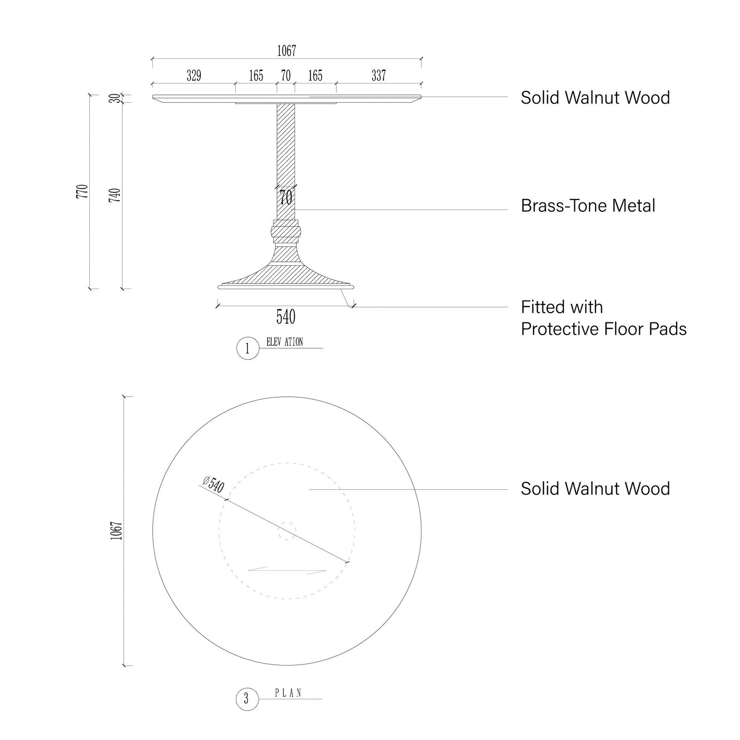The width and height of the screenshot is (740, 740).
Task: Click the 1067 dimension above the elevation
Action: coord(286,51)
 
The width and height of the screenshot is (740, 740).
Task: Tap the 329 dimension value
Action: coord(194,75)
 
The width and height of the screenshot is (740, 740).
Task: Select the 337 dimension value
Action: coord(378,75)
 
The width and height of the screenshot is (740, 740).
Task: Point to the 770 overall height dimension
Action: coord(82,191)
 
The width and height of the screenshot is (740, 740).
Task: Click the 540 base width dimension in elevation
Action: coord(286,317)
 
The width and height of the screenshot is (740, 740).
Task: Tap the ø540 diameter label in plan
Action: coord(213,485)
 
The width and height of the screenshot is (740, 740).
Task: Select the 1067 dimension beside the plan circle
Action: coord(116,530)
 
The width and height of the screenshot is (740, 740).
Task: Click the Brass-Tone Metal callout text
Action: coord(588,206)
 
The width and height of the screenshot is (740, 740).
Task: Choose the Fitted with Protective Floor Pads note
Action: coord(604,318)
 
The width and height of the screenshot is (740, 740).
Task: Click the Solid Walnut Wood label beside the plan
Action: coord(595,489)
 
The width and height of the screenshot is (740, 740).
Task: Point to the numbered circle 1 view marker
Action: coord(247,349)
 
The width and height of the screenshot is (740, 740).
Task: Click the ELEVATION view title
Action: coord(284,342)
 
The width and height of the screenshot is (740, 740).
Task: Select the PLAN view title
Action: coord(288,706)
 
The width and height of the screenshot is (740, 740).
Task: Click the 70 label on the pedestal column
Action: coord(286,198)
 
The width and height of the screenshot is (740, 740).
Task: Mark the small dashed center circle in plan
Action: coord(287,530)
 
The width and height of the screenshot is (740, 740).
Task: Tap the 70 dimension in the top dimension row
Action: coord(286,75)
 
